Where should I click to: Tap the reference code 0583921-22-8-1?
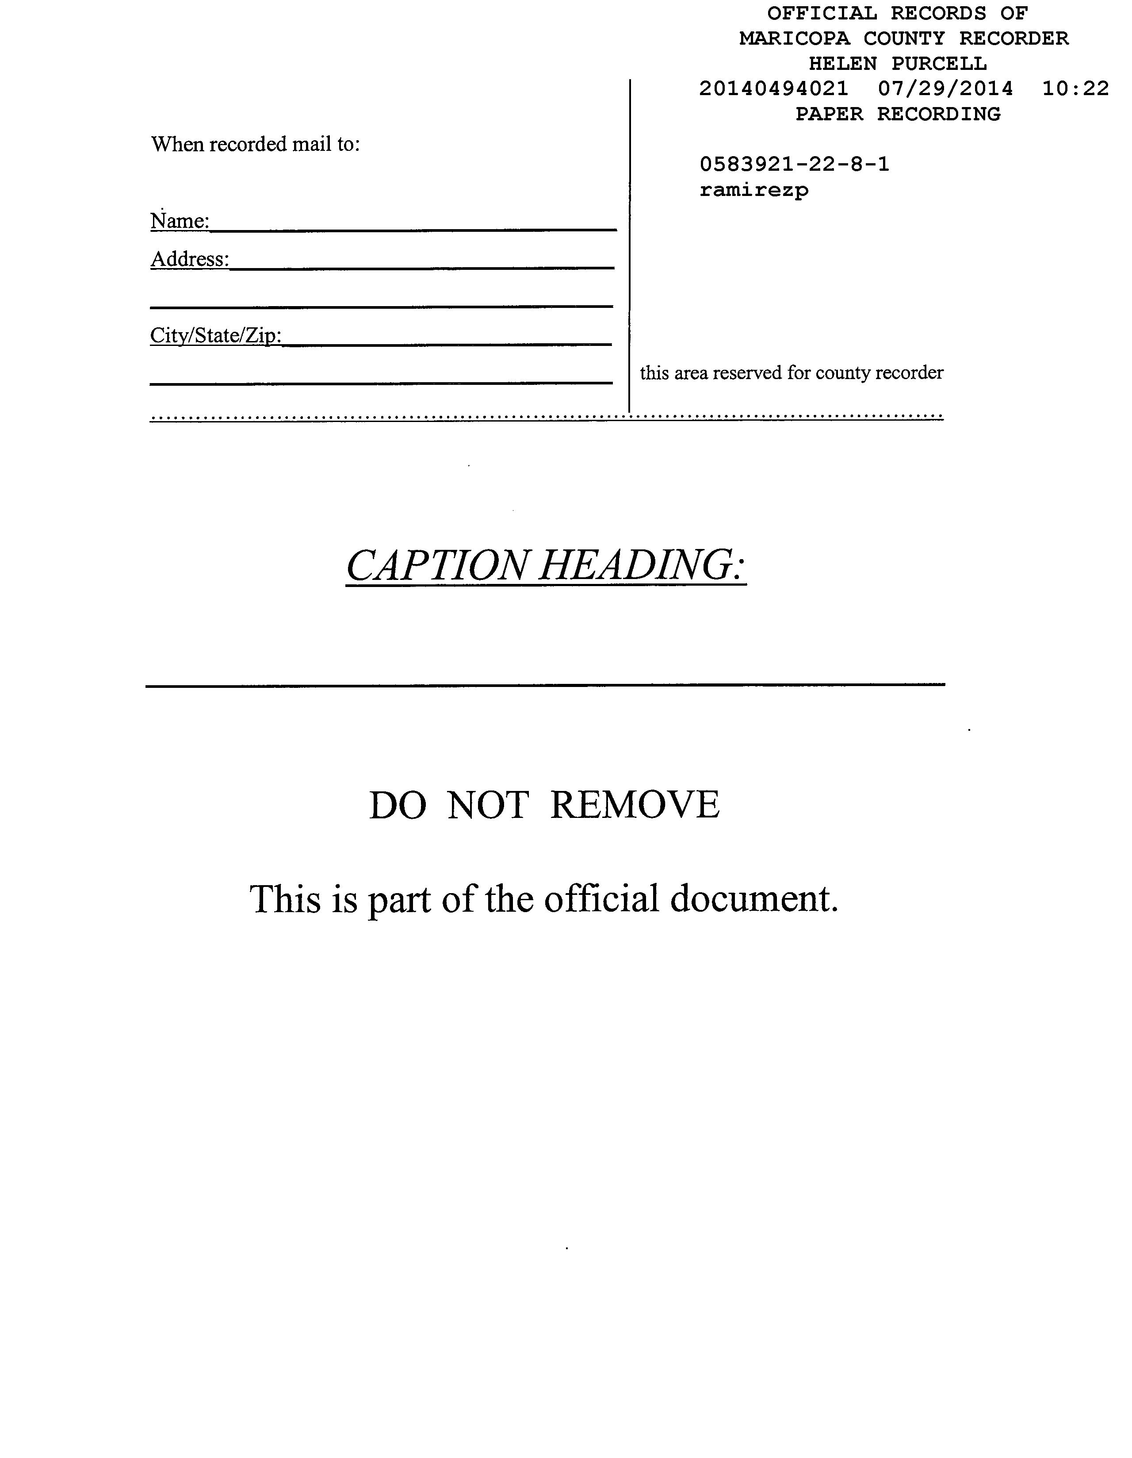[x=794, y=164]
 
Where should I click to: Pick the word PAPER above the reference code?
[x=829, y=114]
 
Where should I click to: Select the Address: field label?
[x=190, y=259]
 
